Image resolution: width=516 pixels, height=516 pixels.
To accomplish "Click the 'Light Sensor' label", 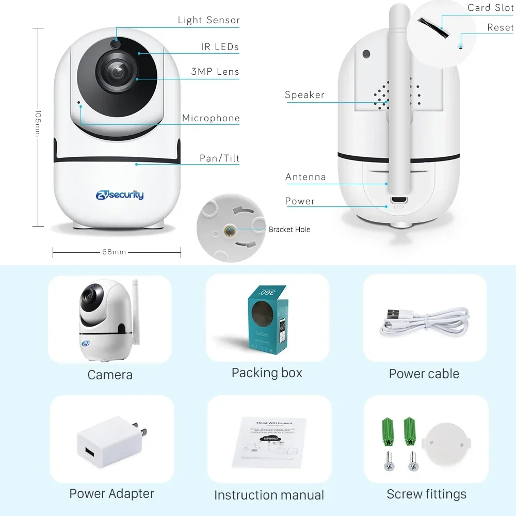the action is tap(208, 20).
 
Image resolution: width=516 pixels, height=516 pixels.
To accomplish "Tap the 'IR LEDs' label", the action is tap(220, 47).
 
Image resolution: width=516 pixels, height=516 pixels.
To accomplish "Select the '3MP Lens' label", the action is tap(215, 72).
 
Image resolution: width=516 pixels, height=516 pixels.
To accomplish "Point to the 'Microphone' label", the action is tap(211, 118).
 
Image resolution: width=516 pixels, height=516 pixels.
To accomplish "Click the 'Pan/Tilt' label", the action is tap(219, 158).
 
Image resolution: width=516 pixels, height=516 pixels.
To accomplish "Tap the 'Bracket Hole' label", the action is tap(289, 230).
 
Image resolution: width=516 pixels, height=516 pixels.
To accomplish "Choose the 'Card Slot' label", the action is tap(490, 8).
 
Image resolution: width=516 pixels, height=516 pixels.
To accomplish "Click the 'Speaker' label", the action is tap(304, 95).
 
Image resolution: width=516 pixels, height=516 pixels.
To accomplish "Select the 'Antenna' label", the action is tap(305, 177).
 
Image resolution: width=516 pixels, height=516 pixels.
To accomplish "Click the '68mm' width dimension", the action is tap(114, 252).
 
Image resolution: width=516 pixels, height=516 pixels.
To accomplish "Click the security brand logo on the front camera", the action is tap(120, 195).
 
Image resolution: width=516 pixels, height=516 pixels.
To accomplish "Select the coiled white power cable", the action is tap(424, 321).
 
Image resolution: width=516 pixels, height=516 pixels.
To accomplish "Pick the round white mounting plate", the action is tap(446, 444).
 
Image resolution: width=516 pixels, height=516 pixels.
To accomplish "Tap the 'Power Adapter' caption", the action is tap(111, 494).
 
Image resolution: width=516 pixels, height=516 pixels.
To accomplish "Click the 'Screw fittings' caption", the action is tap(426, 494).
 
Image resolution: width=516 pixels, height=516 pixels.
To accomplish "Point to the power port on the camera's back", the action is tap(398, 200).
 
